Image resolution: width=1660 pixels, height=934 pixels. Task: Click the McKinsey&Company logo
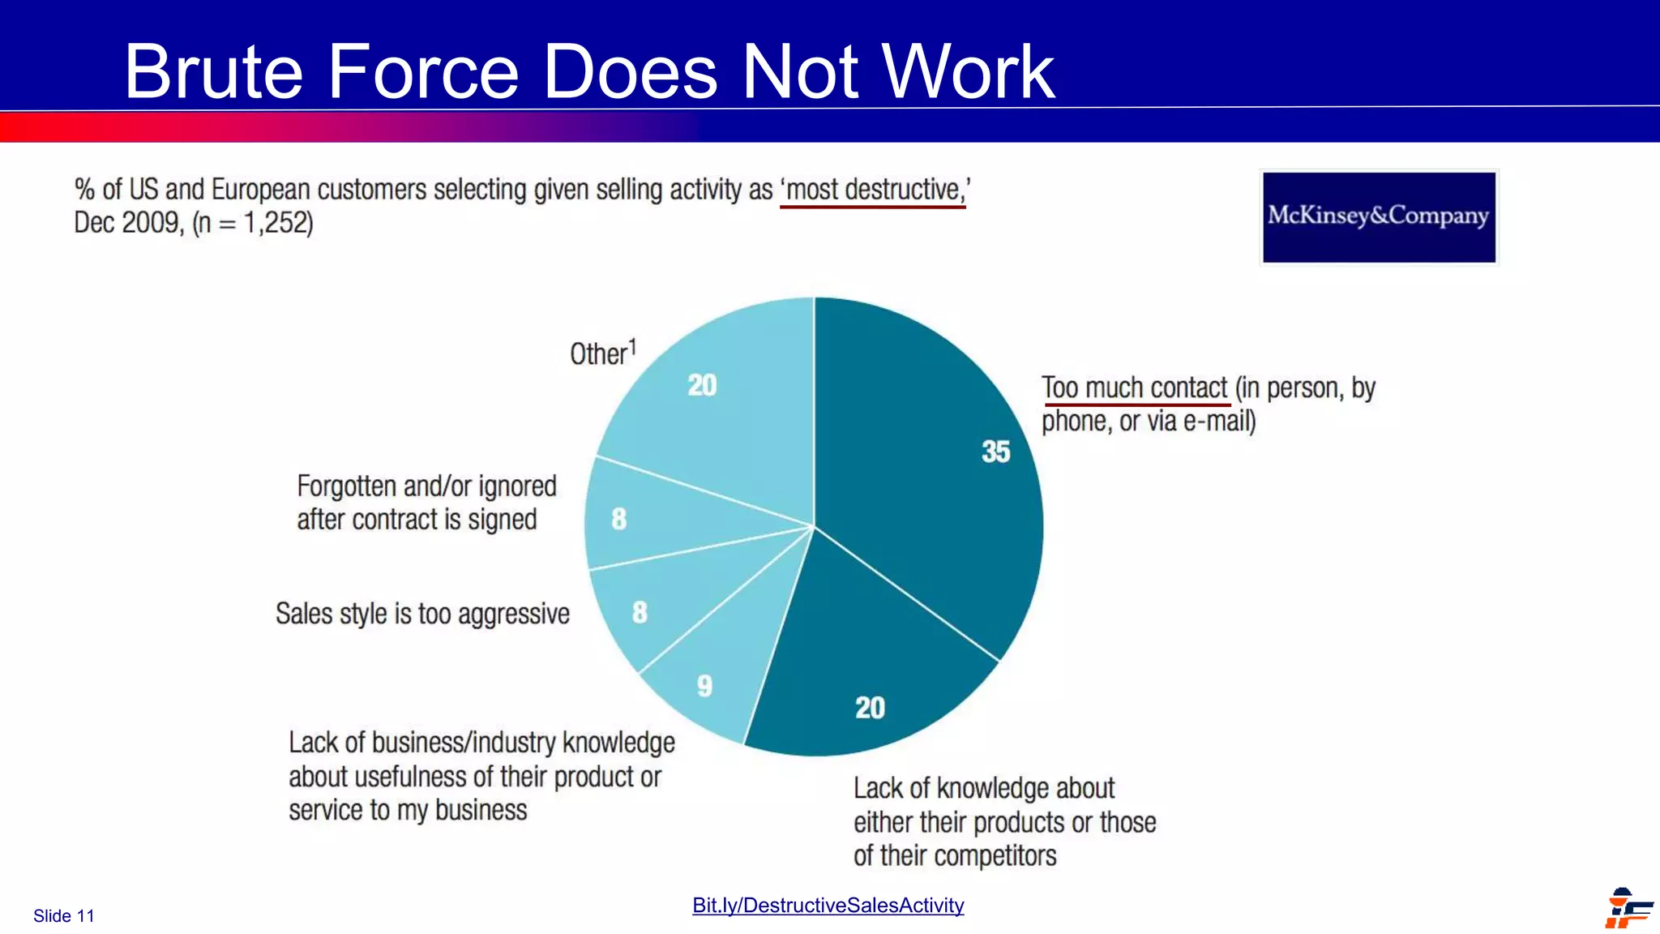(x=1379, y=216)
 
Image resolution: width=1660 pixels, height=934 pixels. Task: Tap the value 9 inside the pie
(x=705, y=686)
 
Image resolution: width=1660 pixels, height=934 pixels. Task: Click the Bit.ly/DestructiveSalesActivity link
(x=828, y=906)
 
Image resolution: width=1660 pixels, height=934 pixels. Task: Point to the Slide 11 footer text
(x=64, y=916)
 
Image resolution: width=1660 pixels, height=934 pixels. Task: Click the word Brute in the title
(x=214, y=72)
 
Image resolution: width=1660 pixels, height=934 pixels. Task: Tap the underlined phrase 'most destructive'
(x=874, y=190)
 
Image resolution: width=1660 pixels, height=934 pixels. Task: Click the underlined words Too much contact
(x=1135, y=388)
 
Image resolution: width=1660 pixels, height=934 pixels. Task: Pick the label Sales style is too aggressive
(x=422, y=614)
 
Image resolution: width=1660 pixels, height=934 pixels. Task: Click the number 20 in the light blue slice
(x=702, y=385)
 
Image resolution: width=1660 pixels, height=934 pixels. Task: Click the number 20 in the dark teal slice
(x=870, y=708)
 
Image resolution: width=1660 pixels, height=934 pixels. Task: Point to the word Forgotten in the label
(x=347, y=486)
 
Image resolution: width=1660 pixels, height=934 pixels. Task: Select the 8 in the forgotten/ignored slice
(x=619, y=519)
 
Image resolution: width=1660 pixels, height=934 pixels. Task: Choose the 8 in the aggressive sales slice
(x=640, y=612)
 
